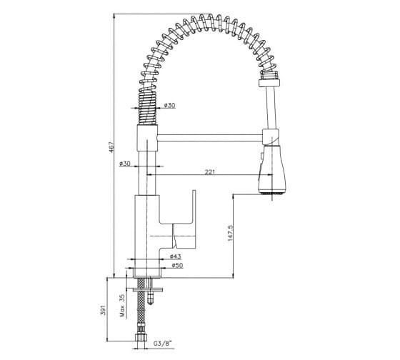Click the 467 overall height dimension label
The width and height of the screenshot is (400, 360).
(x=111, y=147)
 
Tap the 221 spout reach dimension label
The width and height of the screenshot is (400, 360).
(x=210, y=172)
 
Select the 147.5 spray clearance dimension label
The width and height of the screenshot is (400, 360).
(x=230, y=233)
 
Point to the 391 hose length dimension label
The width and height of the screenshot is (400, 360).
(x=103, y=309)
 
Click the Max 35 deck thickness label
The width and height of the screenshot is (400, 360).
(x=123, y=306)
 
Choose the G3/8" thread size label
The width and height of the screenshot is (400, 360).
(x=163, y=343)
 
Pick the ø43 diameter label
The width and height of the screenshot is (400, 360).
(x=175, y=256)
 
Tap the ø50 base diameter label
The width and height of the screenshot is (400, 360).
(x=177, y=265)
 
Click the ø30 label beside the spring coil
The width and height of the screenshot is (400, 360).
(x=170, y=105)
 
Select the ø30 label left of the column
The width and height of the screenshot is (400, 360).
(x=125, y=164)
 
